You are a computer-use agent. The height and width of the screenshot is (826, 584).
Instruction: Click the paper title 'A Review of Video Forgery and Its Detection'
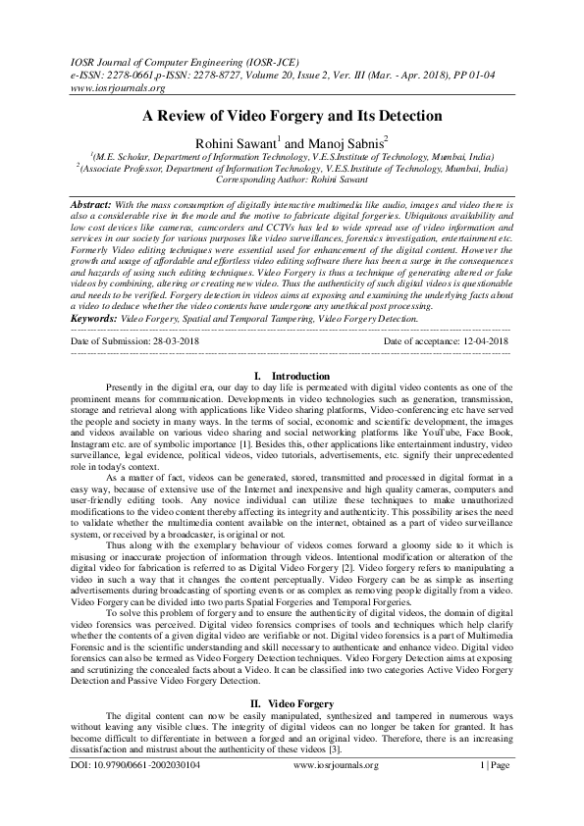tap(292, 116)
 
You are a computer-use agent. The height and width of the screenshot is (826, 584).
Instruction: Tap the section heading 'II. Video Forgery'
tap(292, 703)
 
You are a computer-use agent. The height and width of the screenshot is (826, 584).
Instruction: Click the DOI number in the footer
tap(135, 792)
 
